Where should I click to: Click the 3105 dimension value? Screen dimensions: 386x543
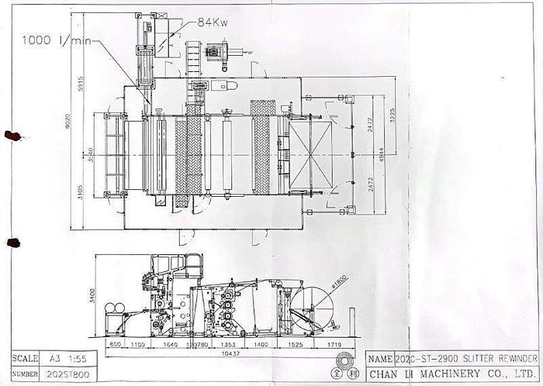click(80, 191)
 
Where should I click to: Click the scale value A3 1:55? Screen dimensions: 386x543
click(73, 359)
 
